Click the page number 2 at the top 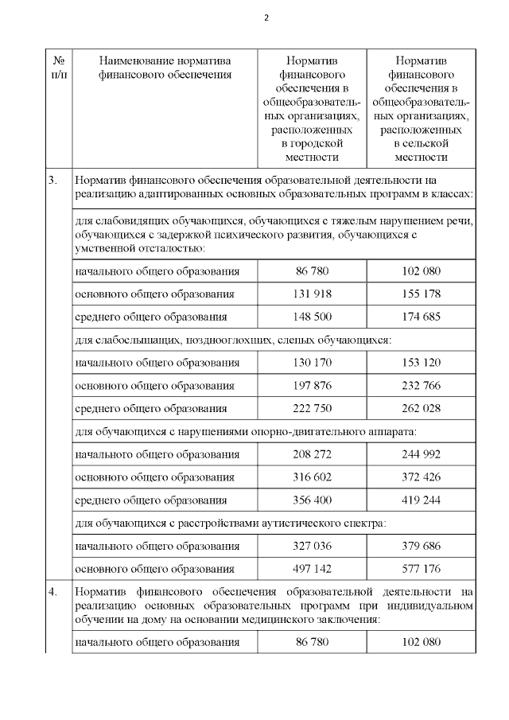266,17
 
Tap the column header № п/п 58,68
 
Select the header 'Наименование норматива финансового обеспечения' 165,68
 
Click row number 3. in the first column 52,180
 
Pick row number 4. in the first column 52,592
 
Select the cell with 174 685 422,317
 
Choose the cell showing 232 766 422,386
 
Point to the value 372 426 422,477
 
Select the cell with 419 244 422,500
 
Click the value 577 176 422,570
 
